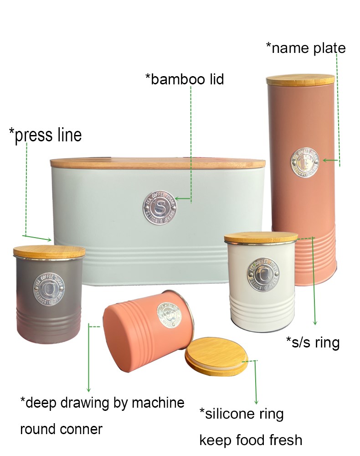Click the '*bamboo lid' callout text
pyautogui.click(x=185, y=79)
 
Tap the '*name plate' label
pyautogui.click(x=306, y=48)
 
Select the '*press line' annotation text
pyautogui.click(x=45, y=135)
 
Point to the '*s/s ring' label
pyautogui.click(x=313, y=342)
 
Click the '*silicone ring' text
pyautogui.click(x=242, y=414)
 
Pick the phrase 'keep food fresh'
pyautogui.click(x=251, y=440)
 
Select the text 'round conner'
pyautogui.click(x=61, y=429)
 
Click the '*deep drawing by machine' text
pyautogui.click(x=102, y=403)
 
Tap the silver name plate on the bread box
pyautogui.click(x=159, y=208)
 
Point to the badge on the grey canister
pyautogui.click(x=48, y=288)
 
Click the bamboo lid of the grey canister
pyautogui.click(x=49, y=252)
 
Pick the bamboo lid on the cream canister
pyautogui.click(x=261, y=238)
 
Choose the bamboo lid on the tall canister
pyautogui.click(x=300, y=80)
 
